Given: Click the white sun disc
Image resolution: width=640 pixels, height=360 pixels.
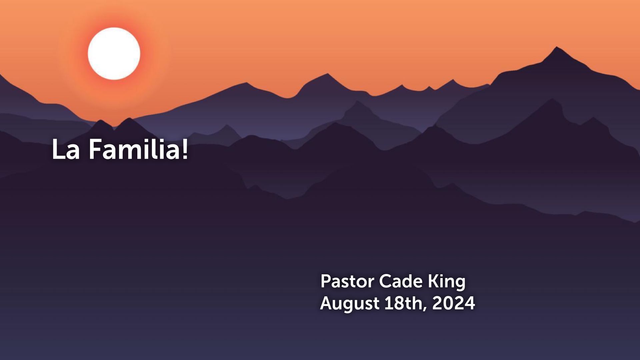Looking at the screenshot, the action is (x=114, y=54).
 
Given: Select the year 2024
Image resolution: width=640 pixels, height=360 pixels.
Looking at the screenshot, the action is (x=454, y=303).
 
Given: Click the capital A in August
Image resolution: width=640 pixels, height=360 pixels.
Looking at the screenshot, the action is (x=327, y=303).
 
